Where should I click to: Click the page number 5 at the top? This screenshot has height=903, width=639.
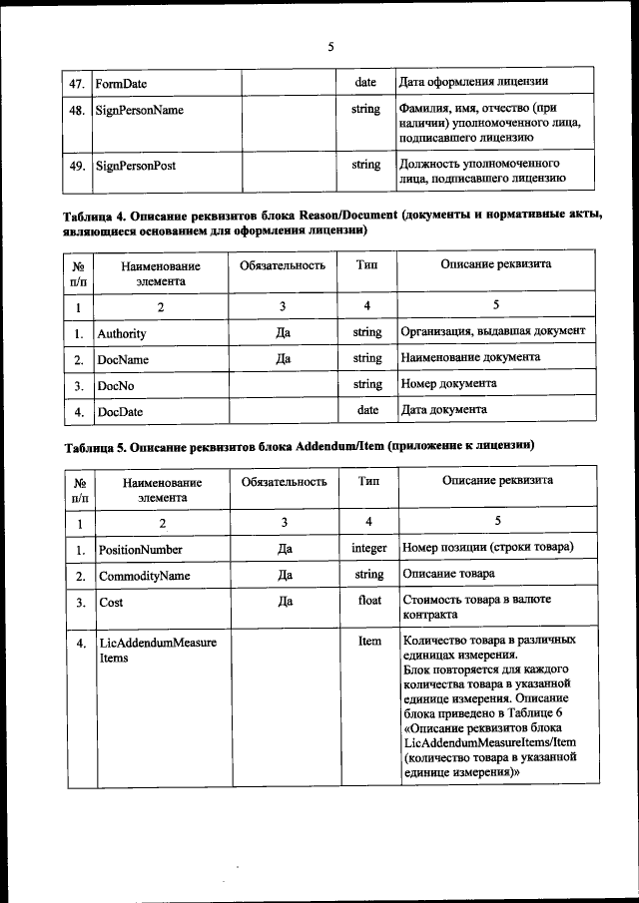click(330, 45)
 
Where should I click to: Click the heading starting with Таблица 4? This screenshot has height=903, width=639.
click(333, 223)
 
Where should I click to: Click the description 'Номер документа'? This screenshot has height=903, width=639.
click(448, 383)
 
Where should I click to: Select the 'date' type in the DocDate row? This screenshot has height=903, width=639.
click(366, 409)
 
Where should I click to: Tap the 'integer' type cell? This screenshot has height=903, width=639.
click(368, 549)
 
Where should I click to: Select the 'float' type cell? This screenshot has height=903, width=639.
click(368, 601)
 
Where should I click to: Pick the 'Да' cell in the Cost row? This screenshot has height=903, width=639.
click(284, 601)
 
